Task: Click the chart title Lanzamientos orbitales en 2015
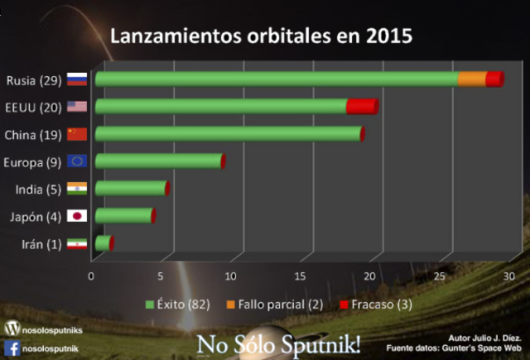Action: click(262, 36)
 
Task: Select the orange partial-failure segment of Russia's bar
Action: click(472, 79)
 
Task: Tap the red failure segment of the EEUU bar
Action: click(361, 106)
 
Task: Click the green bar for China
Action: click(228, 133)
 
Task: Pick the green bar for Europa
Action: click(158, 161)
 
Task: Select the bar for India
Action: click(131, 188)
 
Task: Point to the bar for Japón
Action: click(124, 215)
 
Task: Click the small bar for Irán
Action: click(103, 242)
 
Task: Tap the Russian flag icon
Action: click(77, 80)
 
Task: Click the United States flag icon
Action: click(77, 107)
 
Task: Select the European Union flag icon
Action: click(77, 161)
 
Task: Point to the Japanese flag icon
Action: click(77, 216)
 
